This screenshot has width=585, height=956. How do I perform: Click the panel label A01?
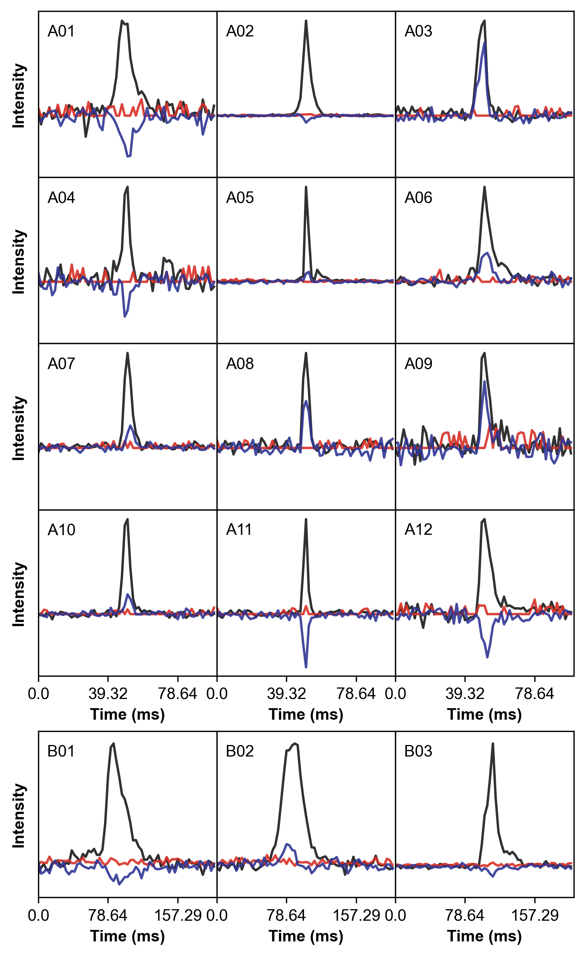(x=61, y=31)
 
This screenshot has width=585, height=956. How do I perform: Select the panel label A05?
(x=240, y=198)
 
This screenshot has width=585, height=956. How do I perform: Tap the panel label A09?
(x=418, y=364)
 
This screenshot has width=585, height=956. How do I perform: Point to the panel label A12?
(x=418, y=530)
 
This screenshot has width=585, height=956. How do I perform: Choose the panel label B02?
(x=240, y=751)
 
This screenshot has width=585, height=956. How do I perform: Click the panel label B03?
(x=418, y=751)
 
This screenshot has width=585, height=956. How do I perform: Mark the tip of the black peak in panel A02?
(x=306, y=21)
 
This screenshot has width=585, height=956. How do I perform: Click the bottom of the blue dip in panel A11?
(x=306, y=667)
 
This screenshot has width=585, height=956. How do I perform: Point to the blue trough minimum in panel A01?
(x=129, y=157)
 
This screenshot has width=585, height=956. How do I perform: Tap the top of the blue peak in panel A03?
(x=485, y=42)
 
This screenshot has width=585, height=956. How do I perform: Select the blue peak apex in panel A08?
(x=306, y=401)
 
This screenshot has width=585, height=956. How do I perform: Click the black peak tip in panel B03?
(x=493, y=743)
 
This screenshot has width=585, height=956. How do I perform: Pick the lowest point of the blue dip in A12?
(x=487, y=657)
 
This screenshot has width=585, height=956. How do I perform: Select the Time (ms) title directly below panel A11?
(x=306, y=715)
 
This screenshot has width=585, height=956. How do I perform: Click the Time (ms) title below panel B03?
(x=484, y=936)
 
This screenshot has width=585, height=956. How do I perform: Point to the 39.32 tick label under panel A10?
(x=108, y=694)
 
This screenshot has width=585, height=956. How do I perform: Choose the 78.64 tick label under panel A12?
(x=535, y=694)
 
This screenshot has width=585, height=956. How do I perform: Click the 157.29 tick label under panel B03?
(x=535, y=916)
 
